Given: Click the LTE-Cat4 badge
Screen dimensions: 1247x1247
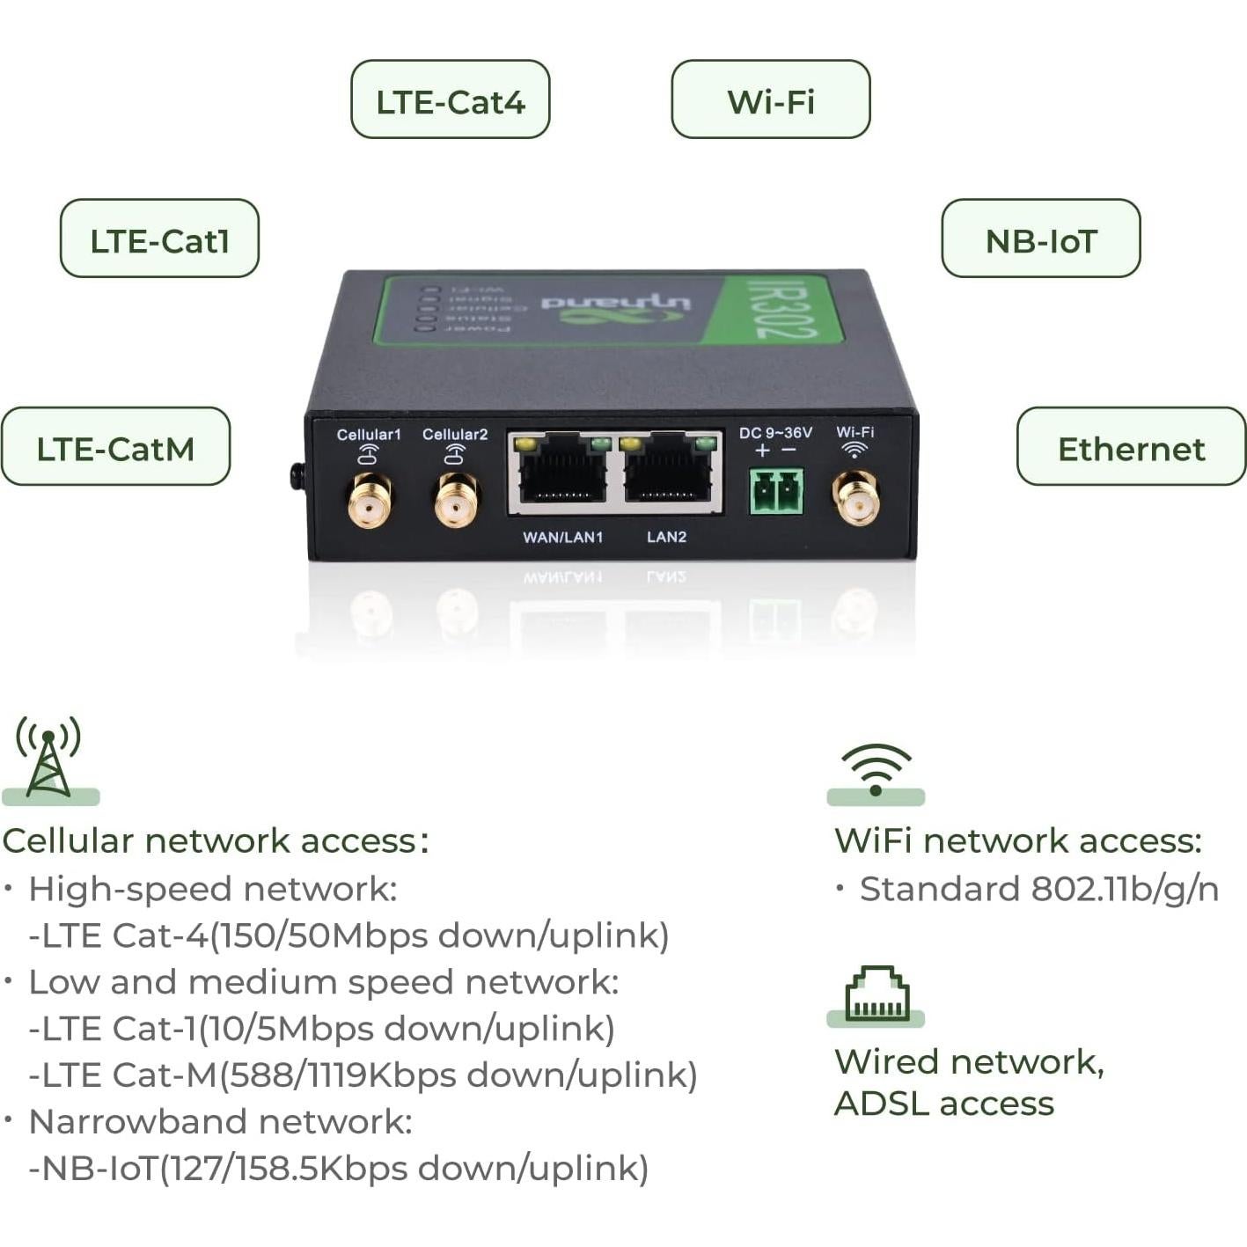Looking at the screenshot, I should coord(450,99).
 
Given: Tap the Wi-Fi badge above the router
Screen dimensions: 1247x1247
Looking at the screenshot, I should coord(770,99).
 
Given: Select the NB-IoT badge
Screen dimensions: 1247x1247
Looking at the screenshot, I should coord(1040,238).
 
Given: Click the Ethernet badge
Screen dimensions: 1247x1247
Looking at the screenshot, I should coord(1131,446).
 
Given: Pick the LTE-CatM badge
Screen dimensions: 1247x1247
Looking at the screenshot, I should coord(115,446).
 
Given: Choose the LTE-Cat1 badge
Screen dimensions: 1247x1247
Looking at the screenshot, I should coord(159,238).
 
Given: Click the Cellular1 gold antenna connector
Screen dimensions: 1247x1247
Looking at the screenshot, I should coord(370,501).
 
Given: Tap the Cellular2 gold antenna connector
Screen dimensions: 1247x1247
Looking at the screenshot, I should coord(456,501).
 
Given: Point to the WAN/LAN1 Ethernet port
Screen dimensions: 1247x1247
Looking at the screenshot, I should coord(562,476).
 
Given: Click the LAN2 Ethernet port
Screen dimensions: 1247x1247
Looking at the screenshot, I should coord(668,476).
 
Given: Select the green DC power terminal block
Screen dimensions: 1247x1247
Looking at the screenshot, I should coord(776,491).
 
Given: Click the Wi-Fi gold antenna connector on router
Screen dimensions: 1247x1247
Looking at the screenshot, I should coord(855,498).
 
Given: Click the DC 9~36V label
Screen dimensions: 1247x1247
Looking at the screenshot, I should coord(775,433).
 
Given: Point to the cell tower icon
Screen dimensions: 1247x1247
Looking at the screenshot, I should coord(49,758).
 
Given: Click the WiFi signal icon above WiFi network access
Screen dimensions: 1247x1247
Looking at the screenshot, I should coord(876,768).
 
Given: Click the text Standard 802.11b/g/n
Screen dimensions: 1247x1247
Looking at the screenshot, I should coord(1038,889).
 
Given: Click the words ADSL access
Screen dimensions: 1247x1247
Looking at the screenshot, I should coord(943,1104).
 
